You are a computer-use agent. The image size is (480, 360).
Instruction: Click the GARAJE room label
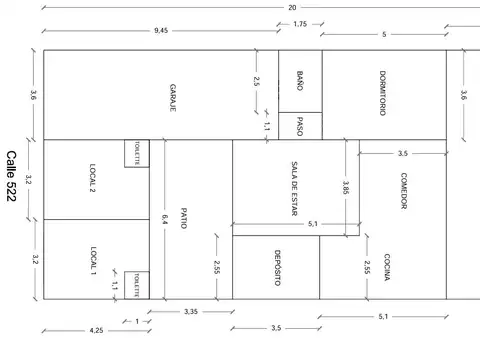point(173,98)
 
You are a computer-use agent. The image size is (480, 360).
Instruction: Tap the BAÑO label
point(300,81)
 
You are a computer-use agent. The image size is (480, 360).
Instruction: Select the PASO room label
point(300,126)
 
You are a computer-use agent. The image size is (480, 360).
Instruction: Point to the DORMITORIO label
point(383,93)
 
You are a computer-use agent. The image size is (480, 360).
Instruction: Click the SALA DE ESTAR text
point(294,189)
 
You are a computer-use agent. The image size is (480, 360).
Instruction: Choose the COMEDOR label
point(403,191)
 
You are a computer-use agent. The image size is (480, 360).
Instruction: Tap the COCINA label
point(387,267)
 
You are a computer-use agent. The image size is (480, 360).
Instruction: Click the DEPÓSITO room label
point(277,268)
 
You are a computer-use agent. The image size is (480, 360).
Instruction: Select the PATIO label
point(184,218)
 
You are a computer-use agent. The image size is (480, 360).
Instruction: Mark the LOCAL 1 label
point(93,260)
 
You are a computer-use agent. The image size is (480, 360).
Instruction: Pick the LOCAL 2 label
point(93,178)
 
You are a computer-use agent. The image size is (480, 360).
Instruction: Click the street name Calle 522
point(11,176)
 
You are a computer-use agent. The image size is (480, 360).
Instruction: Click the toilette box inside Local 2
point(137,153)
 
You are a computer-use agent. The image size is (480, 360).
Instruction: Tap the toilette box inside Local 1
point(137,285)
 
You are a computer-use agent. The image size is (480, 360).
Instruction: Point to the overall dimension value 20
point(292,7)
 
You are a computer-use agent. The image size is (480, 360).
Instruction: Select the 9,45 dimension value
point(161,31)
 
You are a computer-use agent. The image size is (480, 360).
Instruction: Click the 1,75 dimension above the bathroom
point(300,24)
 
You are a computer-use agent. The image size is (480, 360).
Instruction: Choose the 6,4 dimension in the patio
point(164,219)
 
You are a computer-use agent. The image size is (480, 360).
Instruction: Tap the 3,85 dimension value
point(346,188)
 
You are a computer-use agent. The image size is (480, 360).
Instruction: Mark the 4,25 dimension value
point(96,330)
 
